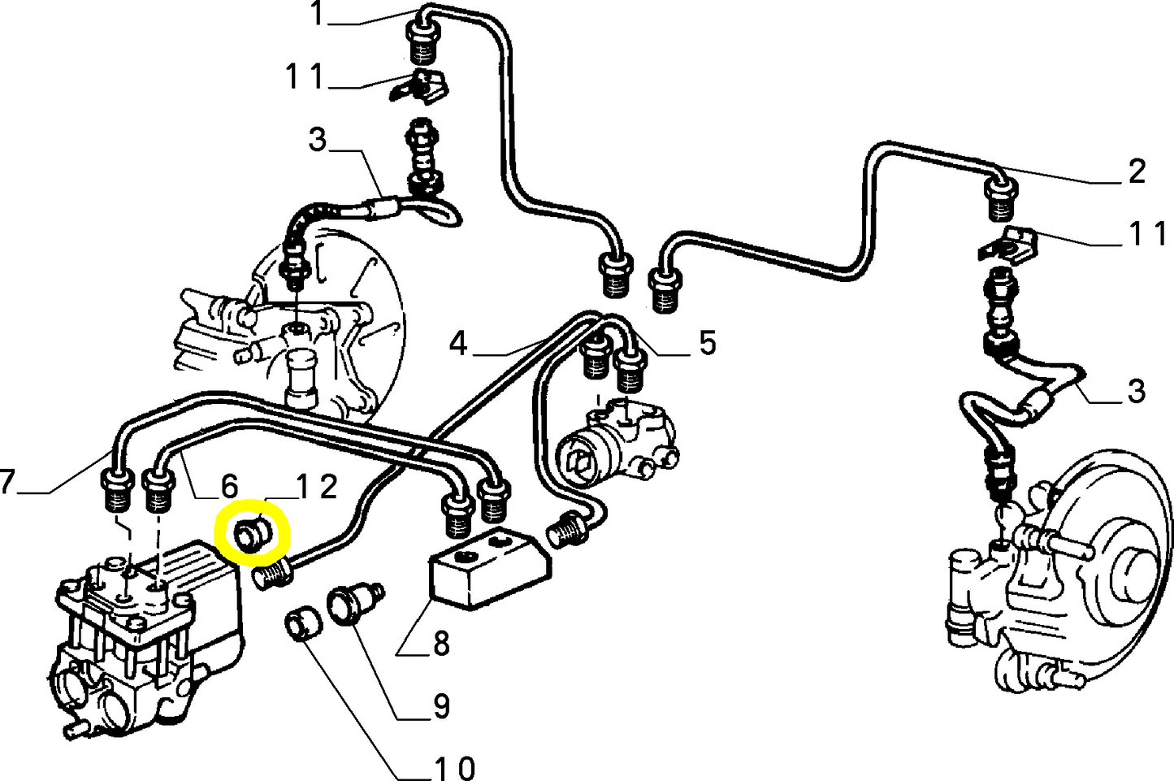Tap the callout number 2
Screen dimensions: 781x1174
click(1137, 171)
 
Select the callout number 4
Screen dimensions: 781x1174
click(458, 344)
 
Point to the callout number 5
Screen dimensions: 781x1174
click(708, 344)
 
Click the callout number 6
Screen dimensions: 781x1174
click(229, 487)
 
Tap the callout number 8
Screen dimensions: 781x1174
click(441, 644)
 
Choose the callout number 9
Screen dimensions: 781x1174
click(441, 705)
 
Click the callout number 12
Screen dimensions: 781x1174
click(317, 487)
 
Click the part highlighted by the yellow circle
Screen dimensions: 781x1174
click(251, 535)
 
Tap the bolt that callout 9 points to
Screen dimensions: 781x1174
click(351, 605)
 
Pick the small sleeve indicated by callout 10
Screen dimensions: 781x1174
click(302, 624)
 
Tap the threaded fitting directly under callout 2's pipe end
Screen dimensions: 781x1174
click(1001, 200)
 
